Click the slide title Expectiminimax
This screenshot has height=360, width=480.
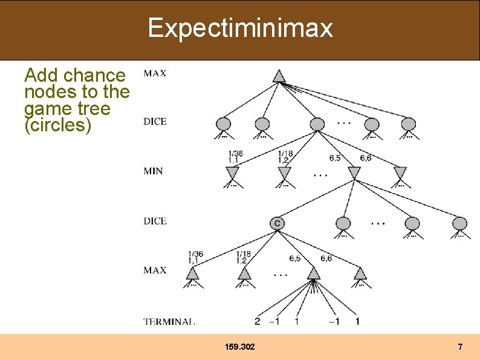[240, 28]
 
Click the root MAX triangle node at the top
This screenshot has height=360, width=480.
[278, 76]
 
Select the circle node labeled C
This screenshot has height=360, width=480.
[277, 223]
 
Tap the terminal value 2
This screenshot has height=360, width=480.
[258, 321]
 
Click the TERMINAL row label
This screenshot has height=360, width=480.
[169, 322]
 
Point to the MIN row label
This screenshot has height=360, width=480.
[153, 171]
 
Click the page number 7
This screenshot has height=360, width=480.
[460, 347]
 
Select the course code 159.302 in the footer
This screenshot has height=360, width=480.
[239, 347]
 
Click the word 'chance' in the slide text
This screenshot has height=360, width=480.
[94, 76]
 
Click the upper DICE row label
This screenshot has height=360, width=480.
[155, 122]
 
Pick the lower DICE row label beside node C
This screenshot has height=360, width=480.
[155, 221]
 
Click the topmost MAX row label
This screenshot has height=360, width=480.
[155, 73]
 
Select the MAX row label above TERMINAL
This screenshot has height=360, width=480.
[155, 270]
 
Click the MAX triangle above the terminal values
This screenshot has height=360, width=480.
[313, 273]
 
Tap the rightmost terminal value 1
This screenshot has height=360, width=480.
[357, 321]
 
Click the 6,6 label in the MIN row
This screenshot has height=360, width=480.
[365, 158]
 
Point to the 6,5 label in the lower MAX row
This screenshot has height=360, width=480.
[295, 258]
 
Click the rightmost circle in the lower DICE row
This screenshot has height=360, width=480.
[459, 223]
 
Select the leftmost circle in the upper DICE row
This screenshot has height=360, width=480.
[223, 124]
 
